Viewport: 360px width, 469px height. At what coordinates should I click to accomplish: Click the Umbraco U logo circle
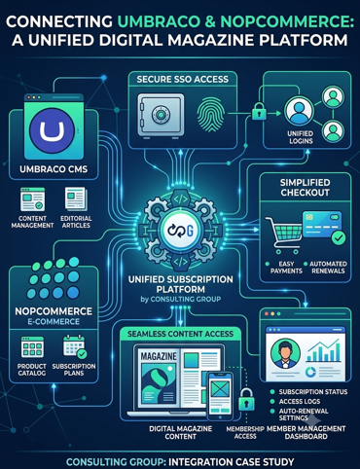click(52, 129)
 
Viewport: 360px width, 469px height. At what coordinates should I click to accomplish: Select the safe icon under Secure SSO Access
click(161, 116)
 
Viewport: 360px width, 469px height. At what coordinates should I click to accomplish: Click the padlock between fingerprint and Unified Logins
click(259, 111)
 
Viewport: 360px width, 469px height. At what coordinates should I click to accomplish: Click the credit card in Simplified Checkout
click(322, 226)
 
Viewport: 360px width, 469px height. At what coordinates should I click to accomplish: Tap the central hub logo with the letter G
click(181, 231)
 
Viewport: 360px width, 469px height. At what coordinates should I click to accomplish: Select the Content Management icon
click(32, 199)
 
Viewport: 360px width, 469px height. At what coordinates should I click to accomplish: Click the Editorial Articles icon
click(76, 198)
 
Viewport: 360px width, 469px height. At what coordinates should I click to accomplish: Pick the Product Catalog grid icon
click(32, 347)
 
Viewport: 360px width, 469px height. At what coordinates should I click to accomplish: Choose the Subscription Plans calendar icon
click(75, 347)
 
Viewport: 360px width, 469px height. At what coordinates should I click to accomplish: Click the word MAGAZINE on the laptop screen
click(159, 356)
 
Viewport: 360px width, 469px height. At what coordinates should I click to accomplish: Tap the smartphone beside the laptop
click(220, 396)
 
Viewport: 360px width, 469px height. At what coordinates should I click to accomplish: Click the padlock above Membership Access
click(246, 400)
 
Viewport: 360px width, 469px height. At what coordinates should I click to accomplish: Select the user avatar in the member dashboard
click(285, 353)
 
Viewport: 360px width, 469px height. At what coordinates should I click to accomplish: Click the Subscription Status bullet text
click(313, 392)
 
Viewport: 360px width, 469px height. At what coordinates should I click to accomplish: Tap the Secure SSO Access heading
click(183, 80)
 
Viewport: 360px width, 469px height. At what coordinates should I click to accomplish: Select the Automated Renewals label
click(328, 268)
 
